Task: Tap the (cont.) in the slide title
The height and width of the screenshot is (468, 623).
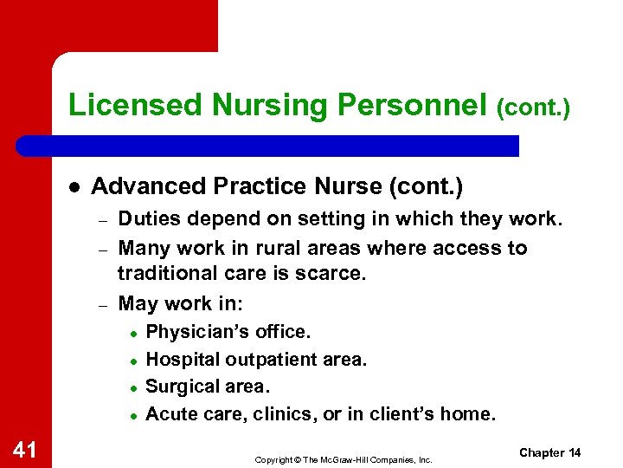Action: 533,107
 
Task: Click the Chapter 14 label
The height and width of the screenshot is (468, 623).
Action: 550,453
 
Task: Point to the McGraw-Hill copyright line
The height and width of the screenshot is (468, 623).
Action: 343,459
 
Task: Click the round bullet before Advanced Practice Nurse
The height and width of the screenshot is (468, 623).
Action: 74,186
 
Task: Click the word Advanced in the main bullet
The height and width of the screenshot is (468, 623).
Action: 138,186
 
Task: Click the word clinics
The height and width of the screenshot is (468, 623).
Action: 285,414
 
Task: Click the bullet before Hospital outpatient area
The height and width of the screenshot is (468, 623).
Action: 133,360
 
